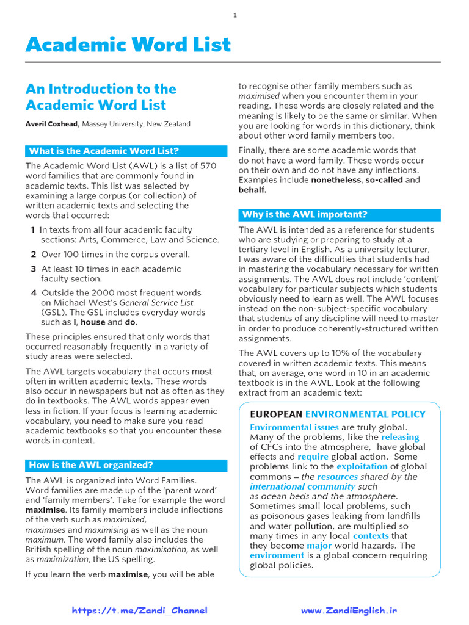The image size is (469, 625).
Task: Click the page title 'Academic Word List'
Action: click(128, 45)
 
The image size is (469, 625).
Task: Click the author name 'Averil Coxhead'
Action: click(52, 124)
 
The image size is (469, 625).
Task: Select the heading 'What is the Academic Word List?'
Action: click(104, 151)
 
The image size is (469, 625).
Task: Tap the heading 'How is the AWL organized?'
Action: click(91, 465)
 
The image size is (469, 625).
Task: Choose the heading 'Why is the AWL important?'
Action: click(305, 215)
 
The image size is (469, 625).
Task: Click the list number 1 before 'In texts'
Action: click(32, 230)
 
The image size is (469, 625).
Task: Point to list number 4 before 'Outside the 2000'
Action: click(34, 293)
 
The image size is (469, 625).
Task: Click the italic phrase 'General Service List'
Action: click(156, 303)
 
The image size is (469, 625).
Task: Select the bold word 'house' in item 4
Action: click(93, 322)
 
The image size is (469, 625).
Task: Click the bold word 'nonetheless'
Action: click(335, 180)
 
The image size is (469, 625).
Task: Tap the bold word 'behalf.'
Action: click(252, 190)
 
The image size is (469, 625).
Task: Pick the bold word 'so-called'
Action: click(384, 180)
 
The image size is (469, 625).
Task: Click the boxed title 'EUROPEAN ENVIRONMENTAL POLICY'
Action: click(338, 414)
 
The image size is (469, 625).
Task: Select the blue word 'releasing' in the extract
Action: click(400, 437)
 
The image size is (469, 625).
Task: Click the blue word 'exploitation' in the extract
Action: click(362, 467)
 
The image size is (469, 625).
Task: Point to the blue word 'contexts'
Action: click(371, 536)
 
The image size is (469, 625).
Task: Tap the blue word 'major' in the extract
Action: click(319, 546)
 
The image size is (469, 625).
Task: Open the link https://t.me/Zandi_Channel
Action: click(140, 610)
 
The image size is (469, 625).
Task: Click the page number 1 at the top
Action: click(234, 15)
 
